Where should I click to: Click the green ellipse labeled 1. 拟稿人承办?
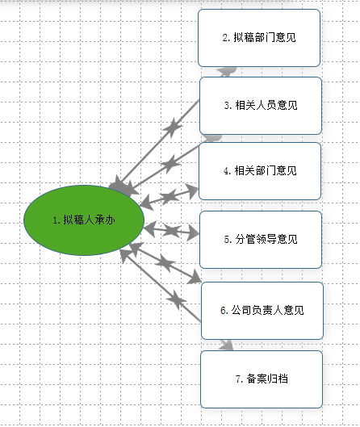[x=84, y=220]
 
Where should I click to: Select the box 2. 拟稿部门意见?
[x=259, y=38]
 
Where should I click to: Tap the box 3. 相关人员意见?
[x=261, y=106]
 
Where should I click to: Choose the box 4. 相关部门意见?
[x=260, y=171]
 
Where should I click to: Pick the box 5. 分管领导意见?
[x=261, y=240]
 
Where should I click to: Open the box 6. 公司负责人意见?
[x=262, y=311]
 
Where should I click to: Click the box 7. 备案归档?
[x=262, y=379]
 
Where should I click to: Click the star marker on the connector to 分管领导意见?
[x=171, y=231]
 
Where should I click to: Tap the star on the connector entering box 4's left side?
[x=170, y=196]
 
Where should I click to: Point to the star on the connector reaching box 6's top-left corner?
[x=165, y=263]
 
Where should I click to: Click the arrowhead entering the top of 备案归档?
[x=227, y=345]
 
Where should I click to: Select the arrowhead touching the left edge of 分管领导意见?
[x=194, y=233]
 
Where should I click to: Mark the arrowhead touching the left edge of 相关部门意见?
[x=193, y=190]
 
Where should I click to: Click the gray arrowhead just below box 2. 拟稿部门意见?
[x=227, y=72]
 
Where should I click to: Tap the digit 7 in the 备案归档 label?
[x=238, y=379]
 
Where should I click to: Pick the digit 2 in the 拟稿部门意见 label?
[x=225, y=38]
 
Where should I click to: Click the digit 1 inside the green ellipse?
[x=55, y=220]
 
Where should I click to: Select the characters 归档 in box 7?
[x=278, y=379]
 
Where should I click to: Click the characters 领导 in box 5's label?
[x=266, y=239]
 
